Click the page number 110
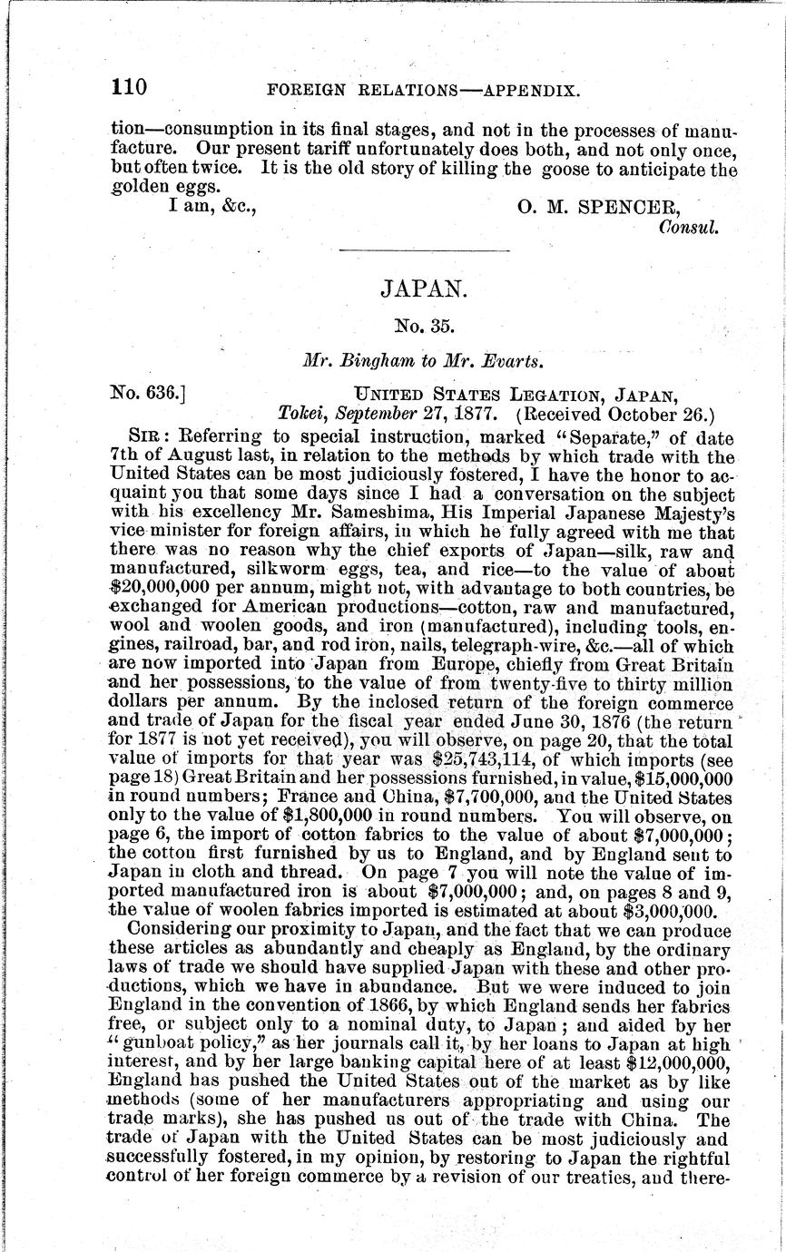[128, 88]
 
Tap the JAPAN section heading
[422, 289]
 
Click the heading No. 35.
[422, 326]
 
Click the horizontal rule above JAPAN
[423, 250]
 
